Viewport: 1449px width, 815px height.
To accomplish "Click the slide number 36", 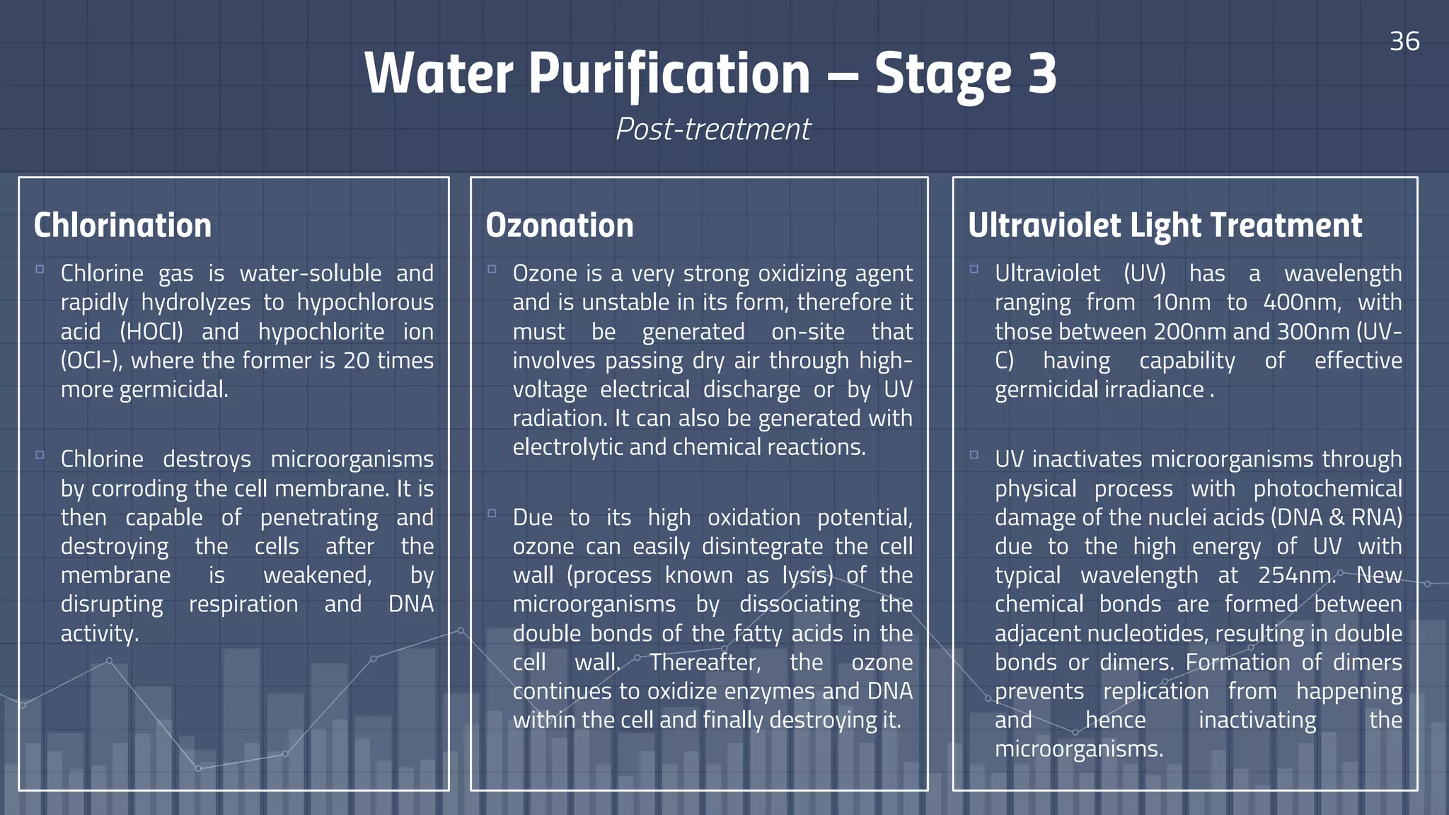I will coord(1404,41).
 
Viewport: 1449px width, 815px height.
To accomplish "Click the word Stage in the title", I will coord(942,74).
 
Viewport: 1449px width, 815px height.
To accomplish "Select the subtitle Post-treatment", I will coord(713,129).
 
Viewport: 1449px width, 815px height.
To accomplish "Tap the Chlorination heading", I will coord(122,226).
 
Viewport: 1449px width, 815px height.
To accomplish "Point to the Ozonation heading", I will coord(560,226).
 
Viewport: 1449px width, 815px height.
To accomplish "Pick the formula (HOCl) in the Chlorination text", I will coord(151,332).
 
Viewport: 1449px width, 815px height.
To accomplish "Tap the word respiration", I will coord(243,604).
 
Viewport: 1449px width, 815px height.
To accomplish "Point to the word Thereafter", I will coord(705,662).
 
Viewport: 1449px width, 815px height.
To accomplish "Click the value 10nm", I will coord(1182,303).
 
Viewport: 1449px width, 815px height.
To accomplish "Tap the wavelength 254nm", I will coord(1295,576).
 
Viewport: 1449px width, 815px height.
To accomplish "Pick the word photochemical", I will coord(1327,489).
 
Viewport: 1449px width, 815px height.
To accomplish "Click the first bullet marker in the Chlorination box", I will coord(40,270).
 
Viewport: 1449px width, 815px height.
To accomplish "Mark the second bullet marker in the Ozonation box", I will coord(492,514).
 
